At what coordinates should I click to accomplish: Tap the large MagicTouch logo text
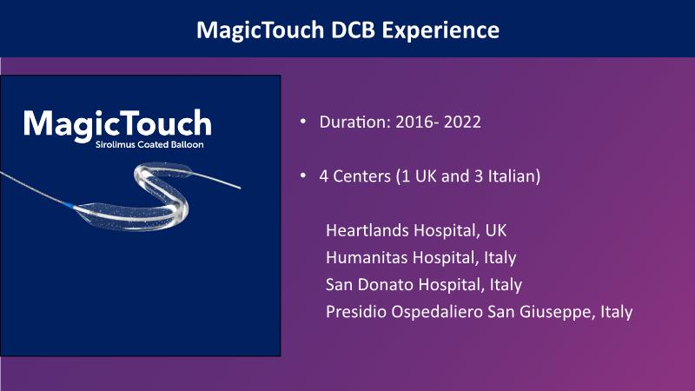(x=117, y=124)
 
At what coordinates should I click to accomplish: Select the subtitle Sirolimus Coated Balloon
(x=149, y=144)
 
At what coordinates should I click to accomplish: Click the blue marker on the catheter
(x=69, y=205)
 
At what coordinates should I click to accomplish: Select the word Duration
(x=354, y=122)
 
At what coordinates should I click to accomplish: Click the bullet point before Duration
(x=303, y=121)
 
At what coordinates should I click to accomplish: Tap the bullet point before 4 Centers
(x=303, y=176)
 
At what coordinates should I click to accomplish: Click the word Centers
(x=361, y=176)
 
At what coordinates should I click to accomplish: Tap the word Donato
(x=385, y=285)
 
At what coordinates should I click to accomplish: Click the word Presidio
(x=356, y=312)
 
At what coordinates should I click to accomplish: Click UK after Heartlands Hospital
(x=496, y=230)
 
